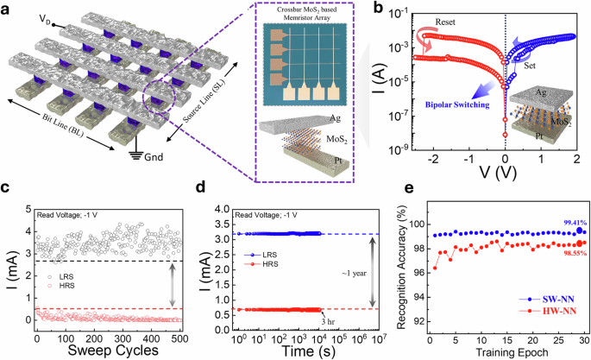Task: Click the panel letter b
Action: [380, 9]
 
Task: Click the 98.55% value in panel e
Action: [559, 256]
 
